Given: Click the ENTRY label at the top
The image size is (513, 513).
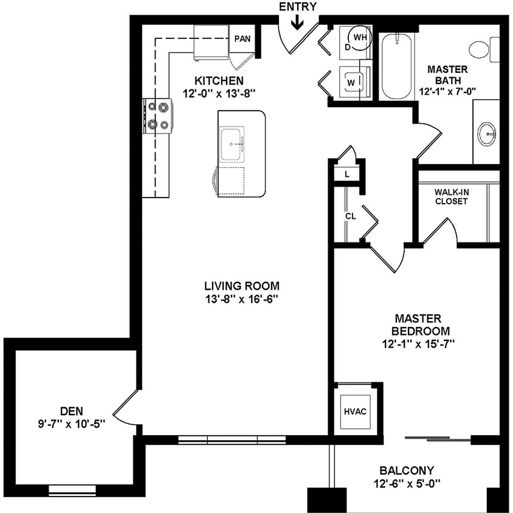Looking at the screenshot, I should pyautogui.click(x=297, y=7).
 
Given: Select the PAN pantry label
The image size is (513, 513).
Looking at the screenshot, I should pyautogui.click(x=242, y=39).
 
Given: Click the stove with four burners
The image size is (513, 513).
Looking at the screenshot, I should pyautogui.click(x=158, y=116).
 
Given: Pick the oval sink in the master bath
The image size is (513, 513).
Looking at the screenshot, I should pyautogui.click(x=487, y=134).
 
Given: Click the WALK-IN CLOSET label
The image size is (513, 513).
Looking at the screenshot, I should pyautogui.click(x=451, y=196).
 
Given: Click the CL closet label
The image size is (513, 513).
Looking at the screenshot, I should pyautogui.click(x=351, y=216).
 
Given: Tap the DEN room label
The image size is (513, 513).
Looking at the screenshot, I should pyautogui.click(x=72, y=410).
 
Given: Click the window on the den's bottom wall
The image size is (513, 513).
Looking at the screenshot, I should pyautogui.click(x=71, y=488).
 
